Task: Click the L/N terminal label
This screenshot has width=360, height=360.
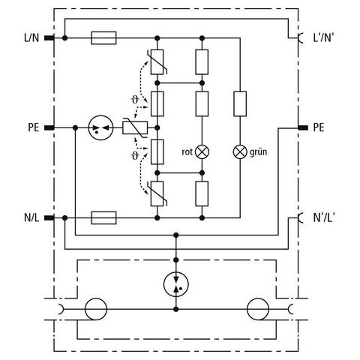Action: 31,38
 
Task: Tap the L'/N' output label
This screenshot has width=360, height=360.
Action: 323,37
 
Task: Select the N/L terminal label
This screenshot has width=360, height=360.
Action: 31,217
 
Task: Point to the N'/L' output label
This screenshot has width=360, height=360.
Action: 323,217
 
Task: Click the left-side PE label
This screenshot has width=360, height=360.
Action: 34,127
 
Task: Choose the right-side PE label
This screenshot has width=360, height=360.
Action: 319,127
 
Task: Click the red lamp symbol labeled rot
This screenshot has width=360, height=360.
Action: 202,151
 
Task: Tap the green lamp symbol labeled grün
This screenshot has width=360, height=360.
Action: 240,151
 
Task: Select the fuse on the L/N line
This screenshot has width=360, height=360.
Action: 103,38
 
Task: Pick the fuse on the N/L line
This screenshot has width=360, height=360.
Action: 103,217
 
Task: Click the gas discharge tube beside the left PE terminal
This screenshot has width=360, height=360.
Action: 101,127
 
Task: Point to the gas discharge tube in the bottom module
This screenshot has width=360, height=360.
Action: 176,284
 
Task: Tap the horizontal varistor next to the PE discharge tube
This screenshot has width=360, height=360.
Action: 135,128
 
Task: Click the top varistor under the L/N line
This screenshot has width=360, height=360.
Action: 157,62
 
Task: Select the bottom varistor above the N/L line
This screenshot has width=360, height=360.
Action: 157,193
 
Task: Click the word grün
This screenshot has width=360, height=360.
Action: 258,152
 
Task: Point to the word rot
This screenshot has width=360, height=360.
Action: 187,152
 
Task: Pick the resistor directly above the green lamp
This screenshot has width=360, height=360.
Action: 240,103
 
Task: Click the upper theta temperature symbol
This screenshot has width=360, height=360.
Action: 135,100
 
